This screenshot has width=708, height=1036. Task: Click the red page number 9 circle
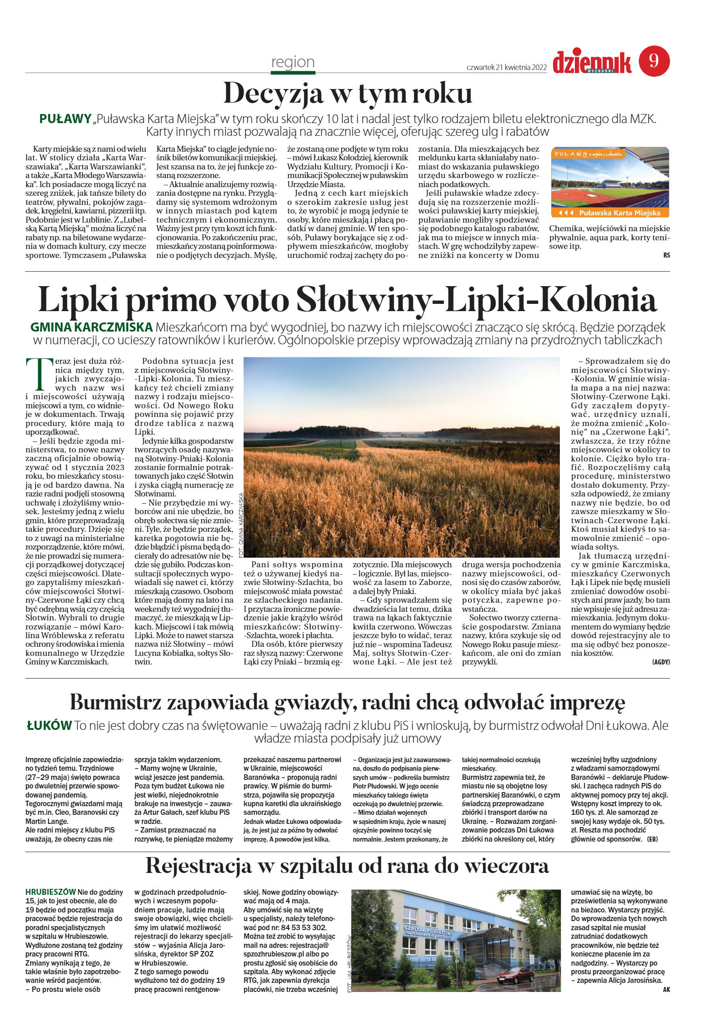coord(654,61)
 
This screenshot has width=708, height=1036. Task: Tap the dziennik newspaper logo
coord(592,63)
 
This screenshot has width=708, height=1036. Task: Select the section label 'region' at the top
coord(293,62)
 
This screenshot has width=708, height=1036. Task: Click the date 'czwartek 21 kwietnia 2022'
coord(506,67)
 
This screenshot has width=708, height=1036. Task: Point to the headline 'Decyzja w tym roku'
coord(348,94)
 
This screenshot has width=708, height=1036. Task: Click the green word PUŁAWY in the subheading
coord(65,119)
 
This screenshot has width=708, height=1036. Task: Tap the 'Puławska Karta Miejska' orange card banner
coord(610,213)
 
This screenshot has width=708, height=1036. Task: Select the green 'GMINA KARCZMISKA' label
coord(91,327)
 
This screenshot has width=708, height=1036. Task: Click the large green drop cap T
coord(39,375)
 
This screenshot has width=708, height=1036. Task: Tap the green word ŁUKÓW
coord(49,725)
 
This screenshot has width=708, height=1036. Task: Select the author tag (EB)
coord(652,838)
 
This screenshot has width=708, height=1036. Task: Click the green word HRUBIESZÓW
coord(50,892)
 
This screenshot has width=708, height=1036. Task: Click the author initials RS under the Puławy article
coord(666,255)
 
